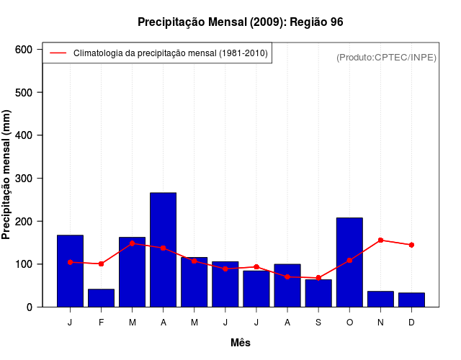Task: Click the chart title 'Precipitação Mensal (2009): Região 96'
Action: click(240, 22)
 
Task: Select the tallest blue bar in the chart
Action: click(164, 250)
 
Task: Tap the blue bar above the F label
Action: click(101, 298)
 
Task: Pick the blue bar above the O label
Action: click(349, 262)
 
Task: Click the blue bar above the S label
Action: click(318, 293)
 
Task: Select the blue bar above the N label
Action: click(380, 299)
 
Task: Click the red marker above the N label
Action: click(380, 240)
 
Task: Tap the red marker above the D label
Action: click(411, 245)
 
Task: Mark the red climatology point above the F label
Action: click(101, 264)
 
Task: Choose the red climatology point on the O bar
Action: click(349, 261)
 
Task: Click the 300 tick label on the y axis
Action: click(24, 179)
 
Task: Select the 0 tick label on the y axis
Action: click(29, 307)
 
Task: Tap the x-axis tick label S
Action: click(318, 323)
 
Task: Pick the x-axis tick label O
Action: click(349, 323)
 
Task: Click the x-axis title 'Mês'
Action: click(241, 343)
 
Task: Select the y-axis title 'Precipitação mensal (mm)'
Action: click(7, 175)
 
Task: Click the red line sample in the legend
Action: click(58, 53)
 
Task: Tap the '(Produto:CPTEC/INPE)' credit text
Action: click(387, 57)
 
